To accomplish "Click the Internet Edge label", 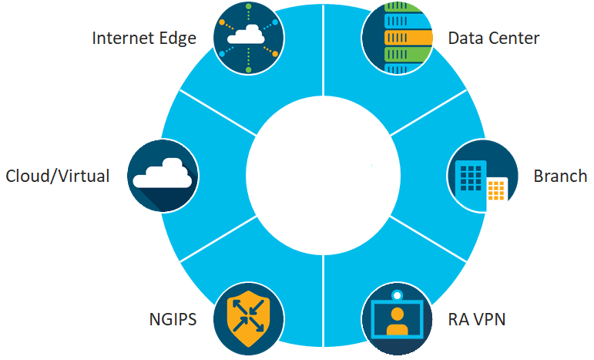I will tap(144, 38).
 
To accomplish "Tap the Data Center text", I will tap(494, 38).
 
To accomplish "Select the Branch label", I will tap(560, 176).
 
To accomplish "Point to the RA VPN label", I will tap(477, 318).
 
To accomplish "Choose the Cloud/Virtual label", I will tap(57, 176).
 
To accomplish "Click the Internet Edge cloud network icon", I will tap(248, 37).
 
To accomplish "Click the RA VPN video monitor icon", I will tap(398, 318).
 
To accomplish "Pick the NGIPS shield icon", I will tap(248, 318).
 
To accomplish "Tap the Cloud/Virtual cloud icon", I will tap(162, 176).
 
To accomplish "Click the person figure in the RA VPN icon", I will tap(398, 321).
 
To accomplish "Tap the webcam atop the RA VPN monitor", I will tap(398, 294).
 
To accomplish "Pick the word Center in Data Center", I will tap(513, 38).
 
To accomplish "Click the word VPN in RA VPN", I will tap(488, 318).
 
